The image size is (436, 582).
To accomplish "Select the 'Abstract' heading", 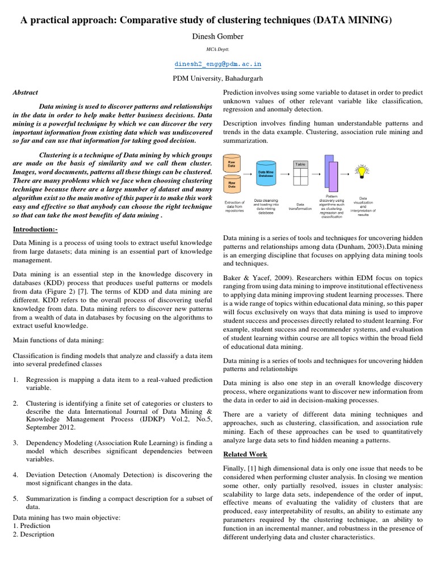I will pyautogui.click(x=25, y=92).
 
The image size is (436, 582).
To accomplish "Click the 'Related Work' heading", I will pyautogui.click(x=245, y=454).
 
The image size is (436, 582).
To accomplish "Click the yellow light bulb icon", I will pyautogui.click(x=359, y=171).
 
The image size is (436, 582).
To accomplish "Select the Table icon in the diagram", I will pyautogui.click(x=300, y=173).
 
